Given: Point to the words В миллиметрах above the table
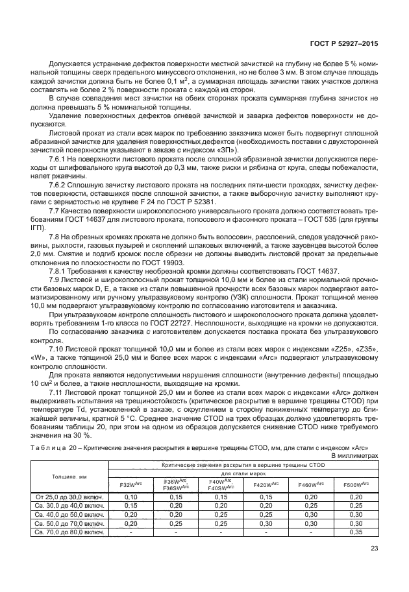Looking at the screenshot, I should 354,456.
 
